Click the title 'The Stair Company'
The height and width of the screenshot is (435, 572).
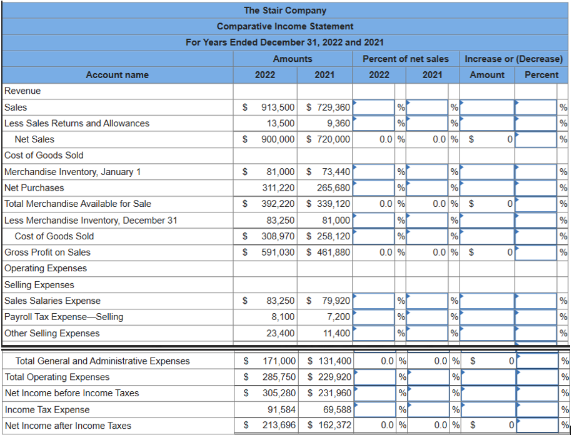(x=285, y=10)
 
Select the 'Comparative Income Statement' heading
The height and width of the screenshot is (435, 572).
(x=285, y=26)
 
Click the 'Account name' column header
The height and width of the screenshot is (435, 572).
(x=117, y=75)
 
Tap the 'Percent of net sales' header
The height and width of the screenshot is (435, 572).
(x=405, y=59)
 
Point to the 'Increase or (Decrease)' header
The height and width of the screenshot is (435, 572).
(x=513, y=59)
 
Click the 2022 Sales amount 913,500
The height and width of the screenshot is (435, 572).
(x=278, y=107)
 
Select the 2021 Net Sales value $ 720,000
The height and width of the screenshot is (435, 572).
(x=329, y=139)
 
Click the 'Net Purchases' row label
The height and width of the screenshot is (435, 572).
(x=34, y=187)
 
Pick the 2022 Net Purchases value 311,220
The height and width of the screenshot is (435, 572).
(x=278, y=187)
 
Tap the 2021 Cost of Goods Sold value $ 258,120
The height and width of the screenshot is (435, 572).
(x=329, y=236)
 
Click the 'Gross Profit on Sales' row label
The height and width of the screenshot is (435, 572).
(x=48, y=252)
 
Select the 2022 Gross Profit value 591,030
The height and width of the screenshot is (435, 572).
(x=278, y=252)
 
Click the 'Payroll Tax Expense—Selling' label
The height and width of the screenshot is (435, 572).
(x=64, y=317)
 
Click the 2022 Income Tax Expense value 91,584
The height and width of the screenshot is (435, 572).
(x=281, y=410)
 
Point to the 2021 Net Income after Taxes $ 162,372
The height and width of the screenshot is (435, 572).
(x=329, y=426)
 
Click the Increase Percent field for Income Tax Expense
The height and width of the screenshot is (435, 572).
(x=538, y=410)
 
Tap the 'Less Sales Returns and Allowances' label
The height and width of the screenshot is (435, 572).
(x=77, y=123)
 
